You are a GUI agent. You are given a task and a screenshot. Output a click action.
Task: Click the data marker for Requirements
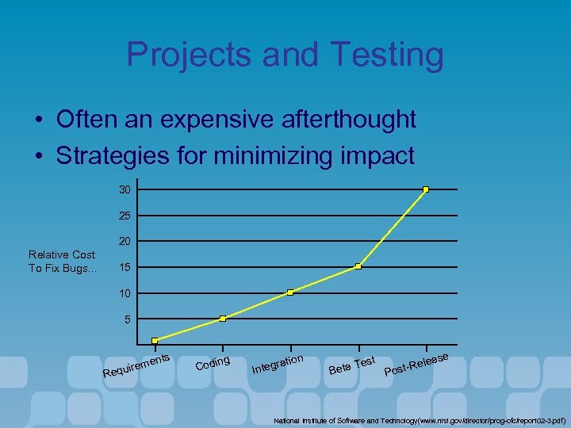[155, 341]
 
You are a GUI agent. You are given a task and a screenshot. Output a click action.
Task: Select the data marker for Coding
[223, 319]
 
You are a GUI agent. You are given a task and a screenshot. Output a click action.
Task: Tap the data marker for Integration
[290, 292]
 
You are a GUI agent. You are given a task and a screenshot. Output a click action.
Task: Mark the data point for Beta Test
[358, 266]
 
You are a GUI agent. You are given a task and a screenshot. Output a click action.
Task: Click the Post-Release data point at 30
[426, 189]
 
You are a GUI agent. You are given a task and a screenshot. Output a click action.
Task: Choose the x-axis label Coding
[213, 363]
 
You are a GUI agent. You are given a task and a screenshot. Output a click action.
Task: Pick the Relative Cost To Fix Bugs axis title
[62, 262]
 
